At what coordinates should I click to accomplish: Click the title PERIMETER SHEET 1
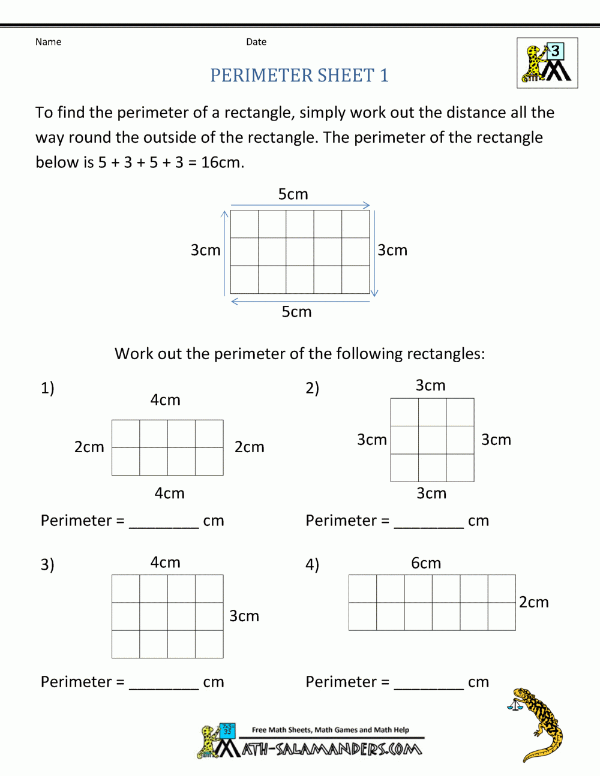point(299,76)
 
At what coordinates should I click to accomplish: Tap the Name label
point(48,42)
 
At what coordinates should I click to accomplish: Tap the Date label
point(256,42)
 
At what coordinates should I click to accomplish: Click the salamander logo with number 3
point(547,63)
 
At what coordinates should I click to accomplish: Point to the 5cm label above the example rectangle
point(293,194)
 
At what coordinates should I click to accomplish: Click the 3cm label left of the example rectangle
point(205,250)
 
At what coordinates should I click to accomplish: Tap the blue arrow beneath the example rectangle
point(300,301)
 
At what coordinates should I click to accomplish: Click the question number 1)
point(47,388)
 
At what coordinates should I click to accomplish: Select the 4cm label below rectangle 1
point(169,494)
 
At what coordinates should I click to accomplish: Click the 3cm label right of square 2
point(496,440)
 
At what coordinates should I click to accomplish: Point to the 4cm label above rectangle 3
point(165,563)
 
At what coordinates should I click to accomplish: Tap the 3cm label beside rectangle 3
point(244,616)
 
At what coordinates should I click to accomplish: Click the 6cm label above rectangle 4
point(426,563)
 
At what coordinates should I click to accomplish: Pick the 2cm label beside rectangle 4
point(533,602)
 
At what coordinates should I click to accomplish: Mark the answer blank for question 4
point(428,684)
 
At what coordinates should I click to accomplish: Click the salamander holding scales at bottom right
point(537,723)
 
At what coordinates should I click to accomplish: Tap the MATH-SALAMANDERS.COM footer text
point(332,749)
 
